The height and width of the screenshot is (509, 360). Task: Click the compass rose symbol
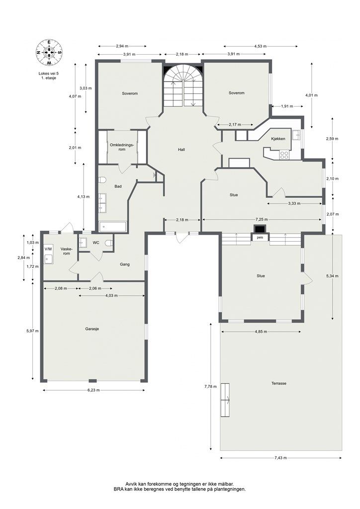(x=49, y=52)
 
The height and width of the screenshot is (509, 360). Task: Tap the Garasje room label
(x=92, y=329)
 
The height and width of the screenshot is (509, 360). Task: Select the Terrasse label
(x=278, y=383)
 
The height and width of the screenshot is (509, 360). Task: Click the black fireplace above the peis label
(x=260, y=229)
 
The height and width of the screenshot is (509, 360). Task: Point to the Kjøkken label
(x=278, y=139)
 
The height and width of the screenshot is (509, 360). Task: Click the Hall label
(x=181, y=150)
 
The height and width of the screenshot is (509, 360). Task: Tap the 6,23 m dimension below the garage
(x=93, y=390)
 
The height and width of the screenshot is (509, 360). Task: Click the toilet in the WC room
(x=109, y=243)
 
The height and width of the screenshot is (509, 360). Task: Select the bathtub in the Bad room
(x=113, y=227)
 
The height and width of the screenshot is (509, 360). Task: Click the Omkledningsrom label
(x=122, y=147)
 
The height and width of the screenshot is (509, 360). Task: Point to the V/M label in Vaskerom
(x=48, y=249)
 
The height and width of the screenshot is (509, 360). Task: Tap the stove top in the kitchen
(x=284, y=155)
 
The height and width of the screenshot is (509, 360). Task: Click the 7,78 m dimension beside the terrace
(x=208, y=386)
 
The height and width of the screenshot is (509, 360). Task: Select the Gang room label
(x=125, y=264)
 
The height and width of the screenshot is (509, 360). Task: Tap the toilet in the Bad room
(x=102, y=180)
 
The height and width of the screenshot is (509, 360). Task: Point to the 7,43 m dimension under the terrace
(x=281, y=458)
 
